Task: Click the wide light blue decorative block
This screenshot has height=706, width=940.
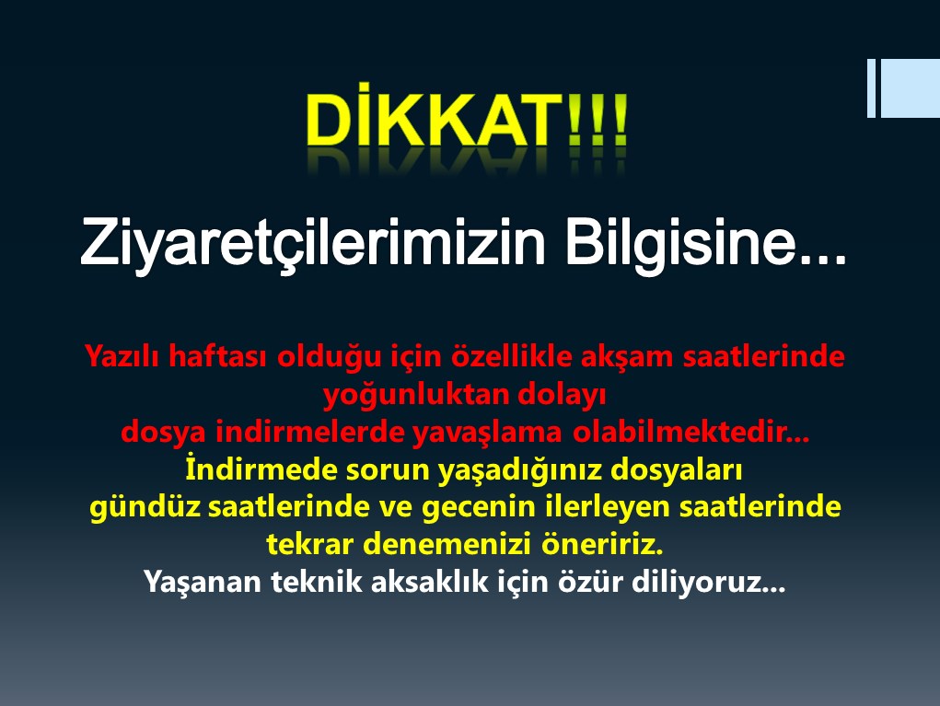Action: pos(910,88)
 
